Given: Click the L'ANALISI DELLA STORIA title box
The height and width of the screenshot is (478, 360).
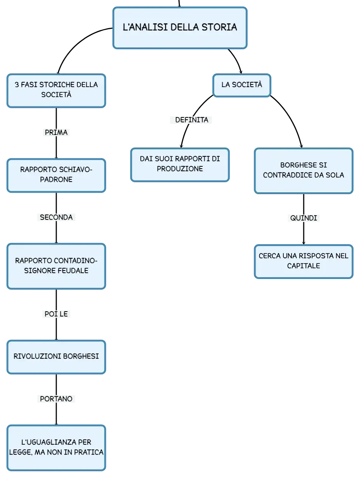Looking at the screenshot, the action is (180, 28).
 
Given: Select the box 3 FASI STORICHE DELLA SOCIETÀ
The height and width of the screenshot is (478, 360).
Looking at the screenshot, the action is (56, 90).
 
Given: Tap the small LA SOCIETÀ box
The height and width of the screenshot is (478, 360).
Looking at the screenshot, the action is (241, 85).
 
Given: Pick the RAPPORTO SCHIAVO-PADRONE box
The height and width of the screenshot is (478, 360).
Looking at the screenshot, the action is (56, 175).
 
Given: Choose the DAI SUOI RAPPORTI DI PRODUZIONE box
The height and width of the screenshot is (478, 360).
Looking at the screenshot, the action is (180, 165).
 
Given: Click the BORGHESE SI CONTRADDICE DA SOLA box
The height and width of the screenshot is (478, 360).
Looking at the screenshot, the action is (303, 171).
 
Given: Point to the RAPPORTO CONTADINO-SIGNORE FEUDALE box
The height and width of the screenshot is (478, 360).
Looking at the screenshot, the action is (56, 266).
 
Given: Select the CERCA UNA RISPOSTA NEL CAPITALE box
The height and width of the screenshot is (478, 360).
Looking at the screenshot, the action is (303, 261).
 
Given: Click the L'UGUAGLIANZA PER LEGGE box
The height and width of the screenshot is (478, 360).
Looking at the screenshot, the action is (56, 448).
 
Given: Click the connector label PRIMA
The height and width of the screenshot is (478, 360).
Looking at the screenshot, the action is (56, 132).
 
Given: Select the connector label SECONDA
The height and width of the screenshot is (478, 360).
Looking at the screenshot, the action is (56, 218).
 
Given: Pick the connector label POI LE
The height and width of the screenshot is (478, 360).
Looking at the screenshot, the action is (56, 314).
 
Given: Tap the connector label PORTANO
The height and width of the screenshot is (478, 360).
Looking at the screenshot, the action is (56, 399).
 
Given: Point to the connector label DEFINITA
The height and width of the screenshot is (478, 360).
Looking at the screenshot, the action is (191, 120).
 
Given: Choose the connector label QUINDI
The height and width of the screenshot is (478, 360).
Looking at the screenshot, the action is (303, 218).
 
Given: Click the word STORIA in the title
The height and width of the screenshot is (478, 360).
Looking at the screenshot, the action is (219, 27).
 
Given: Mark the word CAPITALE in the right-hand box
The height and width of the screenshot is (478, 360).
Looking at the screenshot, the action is (303, 266).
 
